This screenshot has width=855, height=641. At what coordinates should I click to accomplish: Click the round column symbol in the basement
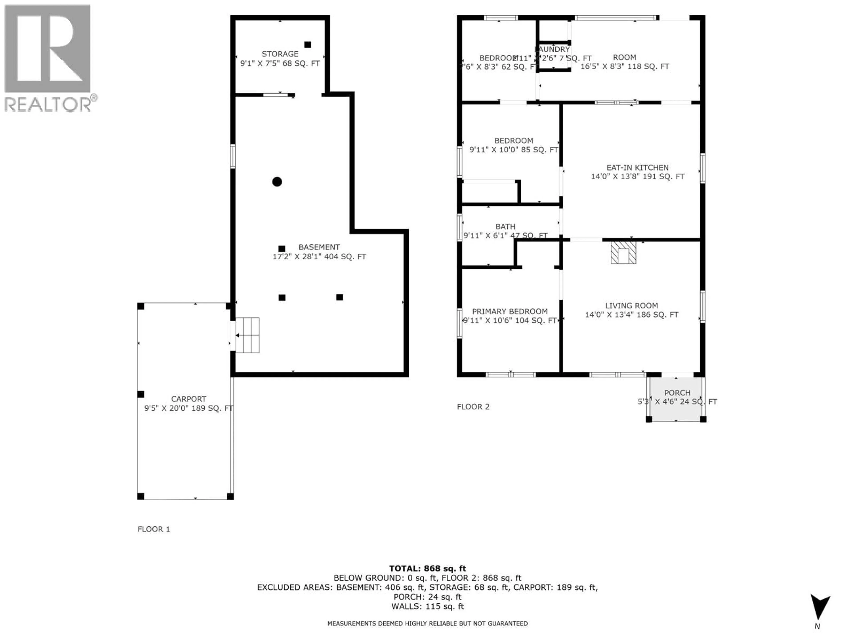point(277,182)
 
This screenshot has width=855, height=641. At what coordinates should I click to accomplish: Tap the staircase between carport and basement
point(247,335)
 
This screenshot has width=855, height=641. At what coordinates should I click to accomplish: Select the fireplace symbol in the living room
point(623,253)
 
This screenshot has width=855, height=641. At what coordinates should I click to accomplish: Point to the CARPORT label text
point(189,399)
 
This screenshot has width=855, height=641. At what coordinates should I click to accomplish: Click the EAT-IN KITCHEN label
point(637,168)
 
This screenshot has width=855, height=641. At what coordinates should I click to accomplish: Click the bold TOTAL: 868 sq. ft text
point(427,568)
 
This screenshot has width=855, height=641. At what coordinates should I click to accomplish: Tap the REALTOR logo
point(48,58)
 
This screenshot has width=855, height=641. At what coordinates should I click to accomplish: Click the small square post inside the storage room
point(308,45)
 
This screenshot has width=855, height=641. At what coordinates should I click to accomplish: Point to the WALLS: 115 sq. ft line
point(427,606)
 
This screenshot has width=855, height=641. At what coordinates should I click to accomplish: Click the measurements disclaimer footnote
point(427,623)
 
